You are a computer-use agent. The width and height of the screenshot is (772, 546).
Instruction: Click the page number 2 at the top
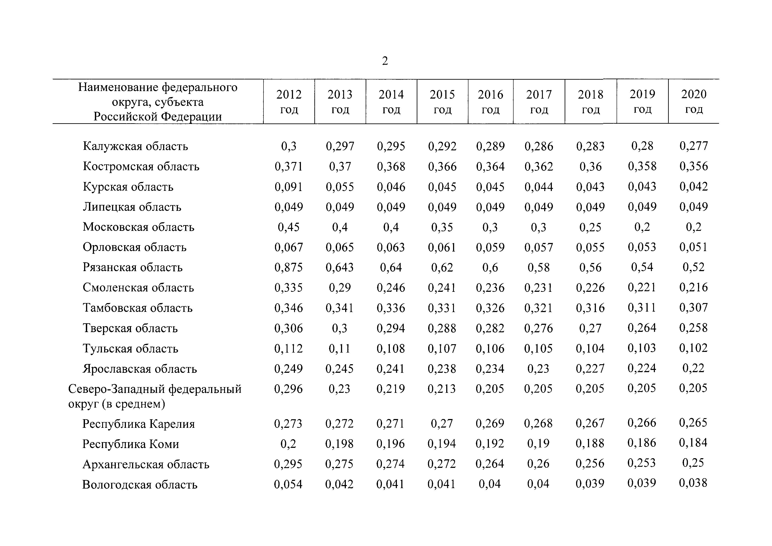pos(385,61)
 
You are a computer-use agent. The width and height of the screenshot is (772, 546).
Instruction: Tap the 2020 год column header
pos(694,101)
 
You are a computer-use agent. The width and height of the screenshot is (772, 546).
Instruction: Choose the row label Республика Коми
pos(131,444)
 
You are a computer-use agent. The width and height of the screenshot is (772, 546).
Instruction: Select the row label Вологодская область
pos(140,484)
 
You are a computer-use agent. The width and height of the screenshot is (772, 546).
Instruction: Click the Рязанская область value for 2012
pos(289,267)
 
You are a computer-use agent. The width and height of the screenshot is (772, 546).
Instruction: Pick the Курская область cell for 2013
pos(340,187)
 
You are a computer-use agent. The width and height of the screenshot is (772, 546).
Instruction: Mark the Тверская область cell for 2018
pos(590,328)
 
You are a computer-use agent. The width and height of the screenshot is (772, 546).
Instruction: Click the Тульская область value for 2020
pos(693,348)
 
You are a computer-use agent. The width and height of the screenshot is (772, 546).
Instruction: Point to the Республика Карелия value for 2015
pos(442,423)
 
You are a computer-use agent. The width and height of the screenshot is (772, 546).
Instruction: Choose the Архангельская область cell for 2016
pos(490,464)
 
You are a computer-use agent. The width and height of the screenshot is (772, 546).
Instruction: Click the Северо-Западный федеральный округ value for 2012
pos(288,389)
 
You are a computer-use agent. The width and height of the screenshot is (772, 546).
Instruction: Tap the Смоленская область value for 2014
pos(391,288)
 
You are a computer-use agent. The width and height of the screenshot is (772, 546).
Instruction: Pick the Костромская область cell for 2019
pos(642,166)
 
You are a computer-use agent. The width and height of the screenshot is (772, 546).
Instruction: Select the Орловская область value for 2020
pos(693,247)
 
